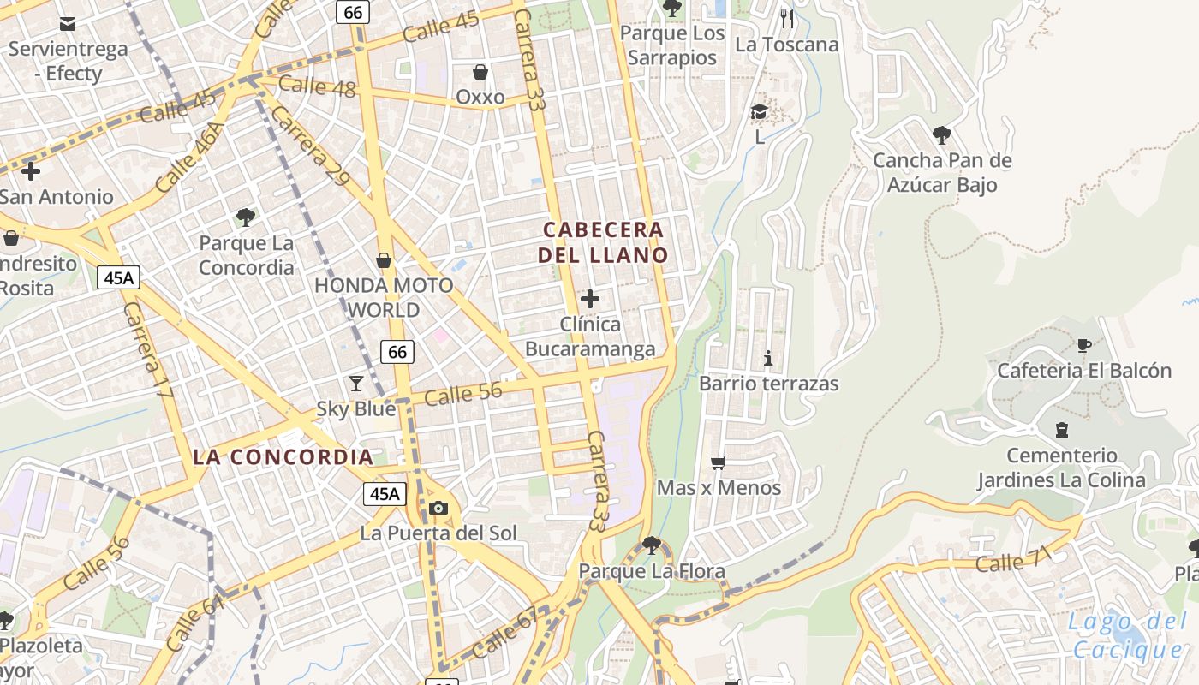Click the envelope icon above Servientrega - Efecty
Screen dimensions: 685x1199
click(x=68, y=23)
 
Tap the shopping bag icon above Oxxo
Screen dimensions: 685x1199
click(x=480, y=72)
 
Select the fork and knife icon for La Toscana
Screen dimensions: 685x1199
click(x=787, y=18)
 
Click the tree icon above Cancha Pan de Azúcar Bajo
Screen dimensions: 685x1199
click(x=942, y=134)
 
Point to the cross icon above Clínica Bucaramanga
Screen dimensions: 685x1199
click(x=590, y=299)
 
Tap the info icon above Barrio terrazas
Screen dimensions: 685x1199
click(x=768, y=358)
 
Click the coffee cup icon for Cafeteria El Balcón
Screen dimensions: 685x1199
click(x=1083, y=345)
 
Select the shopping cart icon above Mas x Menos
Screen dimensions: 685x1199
click(x=719, y=462)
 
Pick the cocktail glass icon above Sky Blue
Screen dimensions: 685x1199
click(x=356, y=383)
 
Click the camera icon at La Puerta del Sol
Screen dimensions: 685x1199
click(x=438, y=508)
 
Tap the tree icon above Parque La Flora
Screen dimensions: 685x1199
click(x=652, y=545)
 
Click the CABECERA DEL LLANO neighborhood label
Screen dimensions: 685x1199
click(x=603, y=242)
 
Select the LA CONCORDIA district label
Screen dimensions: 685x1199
click(x=283, y=456)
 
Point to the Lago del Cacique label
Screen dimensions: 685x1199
click(x=1126, y=635)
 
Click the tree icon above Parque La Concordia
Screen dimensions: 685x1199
click(x=246, y=217)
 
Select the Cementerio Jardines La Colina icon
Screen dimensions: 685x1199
click(x=1062, y=430)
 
